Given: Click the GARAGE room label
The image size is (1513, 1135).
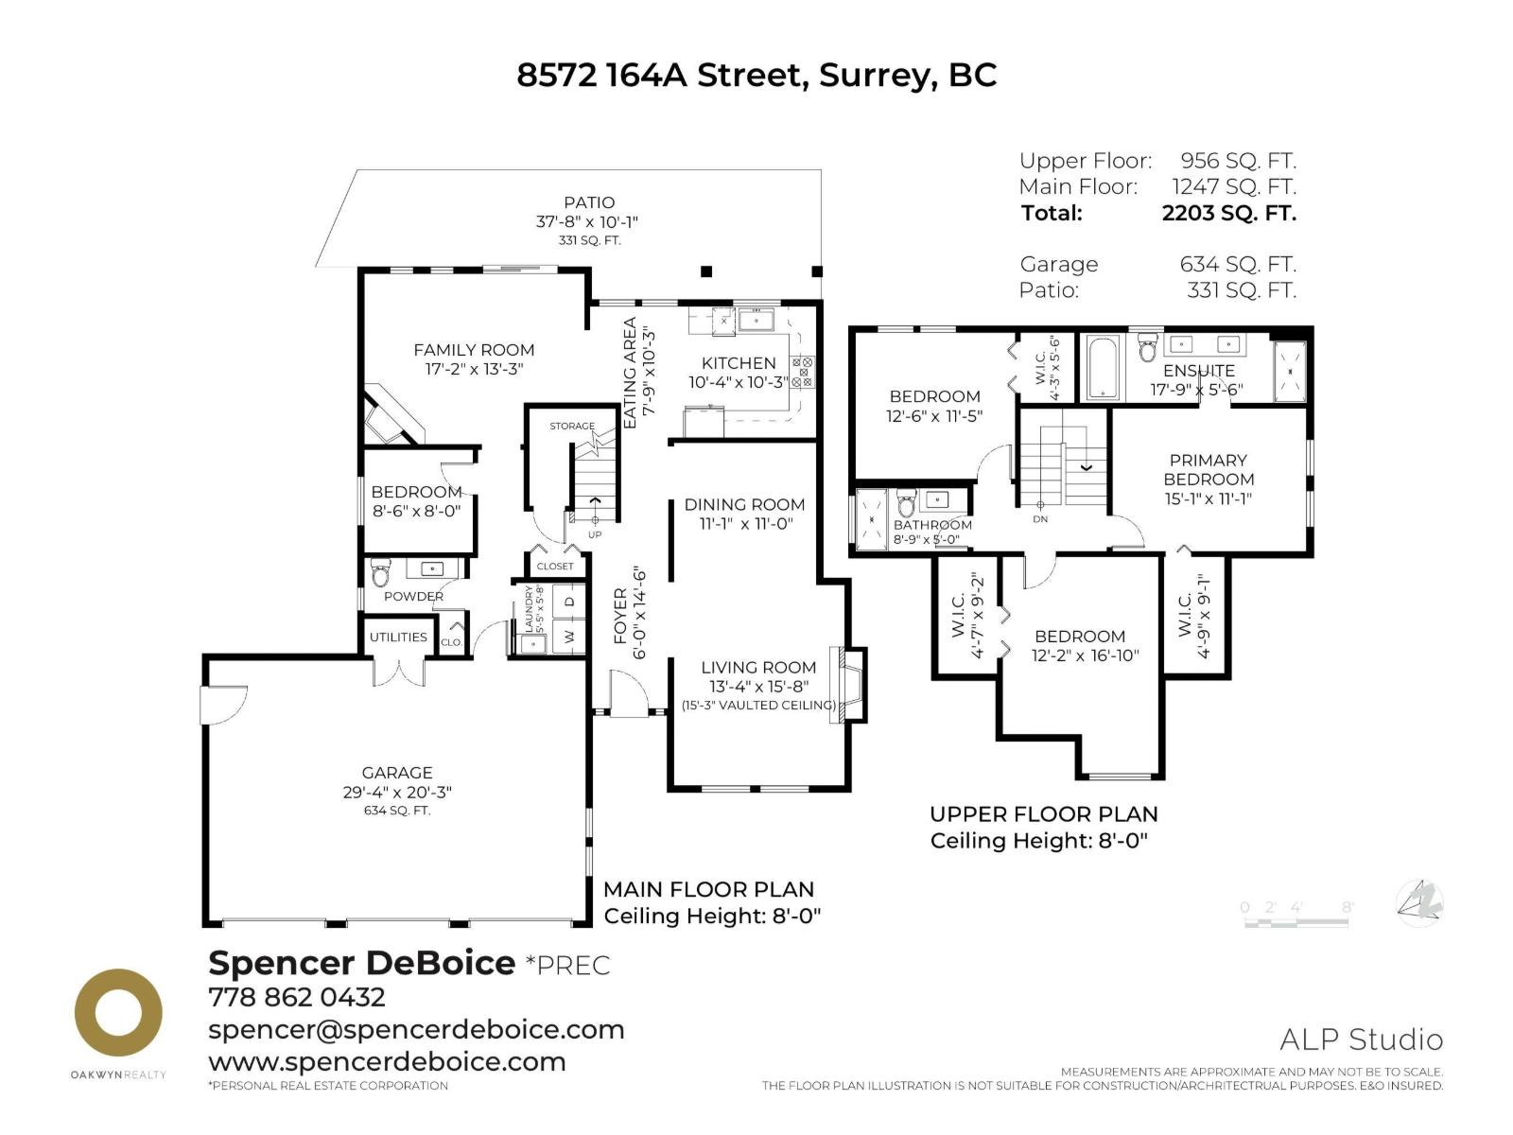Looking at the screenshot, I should [x=396, y=773].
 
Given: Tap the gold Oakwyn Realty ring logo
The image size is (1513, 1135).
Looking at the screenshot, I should [x=118, y=1012].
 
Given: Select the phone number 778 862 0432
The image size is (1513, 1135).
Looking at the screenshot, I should [x=296, y=997].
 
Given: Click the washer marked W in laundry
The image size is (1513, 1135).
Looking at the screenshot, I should [x=569, y=637].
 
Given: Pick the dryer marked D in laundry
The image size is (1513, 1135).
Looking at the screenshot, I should [x=569, y=601].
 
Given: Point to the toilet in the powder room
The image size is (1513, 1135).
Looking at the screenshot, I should [x=380, y=574].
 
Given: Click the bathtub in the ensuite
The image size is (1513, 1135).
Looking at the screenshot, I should [x=1103, y=368].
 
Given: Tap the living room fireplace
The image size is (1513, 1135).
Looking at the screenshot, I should [x=845, y=685].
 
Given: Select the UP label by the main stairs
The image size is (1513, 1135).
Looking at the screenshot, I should [x=595, y=534].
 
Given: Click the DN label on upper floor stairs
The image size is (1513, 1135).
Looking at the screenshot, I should [x=1040, y=519].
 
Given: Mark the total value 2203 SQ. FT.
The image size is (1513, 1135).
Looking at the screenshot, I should [x=1228, y=213].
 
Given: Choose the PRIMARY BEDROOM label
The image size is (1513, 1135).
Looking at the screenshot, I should [x=1208, y=469].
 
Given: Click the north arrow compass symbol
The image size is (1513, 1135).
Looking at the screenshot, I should [x=1420, y=903].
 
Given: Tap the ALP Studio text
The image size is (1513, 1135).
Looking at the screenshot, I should [x=1361, y=1039].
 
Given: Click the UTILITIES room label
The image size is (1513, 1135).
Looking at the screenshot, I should [x=398, y=637].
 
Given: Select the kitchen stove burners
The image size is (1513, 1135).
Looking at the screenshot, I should [x=802, y=372].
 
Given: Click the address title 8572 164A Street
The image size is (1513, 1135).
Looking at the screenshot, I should [x=756, y=75].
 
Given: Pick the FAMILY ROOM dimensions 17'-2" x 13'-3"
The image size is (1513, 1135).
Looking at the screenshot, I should [x=474, y=369].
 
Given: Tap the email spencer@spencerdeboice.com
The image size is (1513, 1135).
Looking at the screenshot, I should [x=416, y=1029].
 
